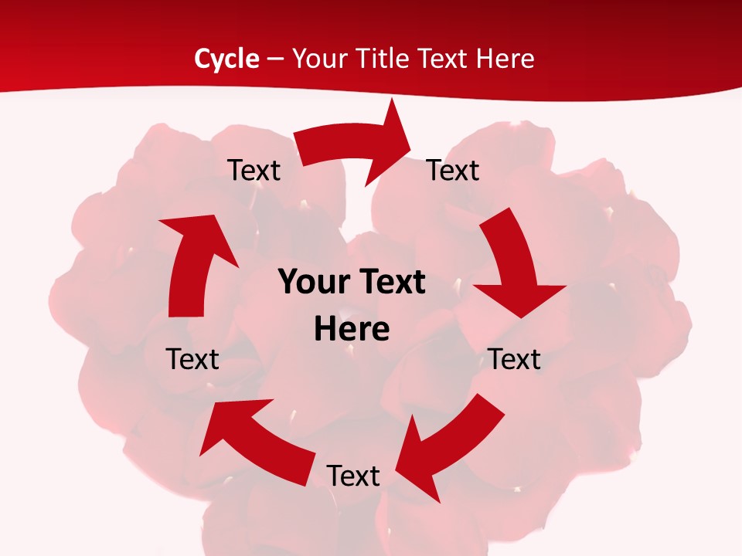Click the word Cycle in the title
click(x=226, y=59)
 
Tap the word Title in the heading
click(x=385, y=59)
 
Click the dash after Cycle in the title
click(x=275, y=59)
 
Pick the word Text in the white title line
click(x=444, y=59)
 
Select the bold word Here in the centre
click(x=352, y=329)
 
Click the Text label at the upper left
click(x=254, y=171)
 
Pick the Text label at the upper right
click(x=453, y=171)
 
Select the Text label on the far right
click(x=514, y=359)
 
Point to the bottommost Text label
click(x=353, y=476)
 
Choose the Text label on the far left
click(x=192, y=359)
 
